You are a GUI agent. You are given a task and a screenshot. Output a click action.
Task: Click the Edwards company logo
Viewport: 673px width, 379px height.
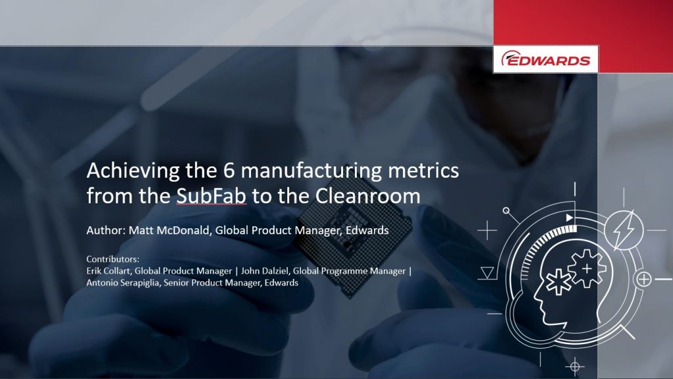[x=545, y=59]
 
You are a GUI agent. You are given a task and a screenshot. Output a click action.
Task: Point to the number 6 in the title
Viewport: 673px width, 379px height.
[x=229, y=170]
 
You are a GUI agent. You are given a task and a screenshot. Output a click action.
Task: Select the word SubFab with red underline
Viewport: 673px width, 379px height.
[x=211, y=196]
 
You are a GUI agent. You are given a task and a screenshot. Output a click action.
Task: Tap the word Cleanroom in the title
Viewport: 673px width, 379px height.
[x=368, y=196]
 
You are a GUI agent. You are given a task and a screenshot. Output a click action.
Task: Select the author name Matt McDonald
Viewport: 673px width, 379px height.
[x=169, y=230]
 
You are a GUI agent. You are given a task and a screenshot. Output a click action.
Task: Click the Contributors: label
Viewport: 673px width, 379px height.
[x=113, y=259]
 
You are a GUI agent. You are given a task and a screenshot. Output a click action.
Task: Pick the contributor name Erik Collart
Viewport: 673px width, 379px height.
[x=109, y=271]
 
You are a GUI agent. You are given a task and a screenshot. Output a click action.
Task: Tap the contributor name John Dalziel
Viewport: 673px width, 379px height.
[x=264, y=271]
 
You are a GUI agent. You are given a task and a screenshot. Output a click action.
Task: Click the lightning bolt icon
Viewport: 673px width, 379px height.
[x=624, y=230]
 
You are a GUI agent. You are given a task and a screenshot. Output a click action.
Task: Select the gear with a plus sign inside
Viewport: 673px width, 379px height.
[x=587, y=269]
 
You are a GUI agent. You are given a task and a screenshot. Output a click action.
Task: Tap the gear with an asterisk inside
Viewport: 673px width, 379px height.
[x=559, y=282]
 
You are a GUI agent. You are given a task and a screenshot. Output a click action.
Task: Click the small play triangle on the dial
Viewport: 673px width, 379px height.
[x=569, y=217]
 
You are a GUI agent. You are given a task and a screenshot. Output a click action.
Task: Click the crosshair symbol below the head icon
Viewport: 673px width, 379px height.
[x=574, y=366]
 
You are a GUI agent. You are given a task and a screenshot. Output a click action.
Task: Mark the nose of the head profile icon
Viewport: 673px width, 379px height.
[x=536, y=297]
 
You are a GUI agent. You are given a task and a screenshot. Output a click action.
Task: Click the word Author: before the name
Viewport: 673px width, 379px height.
[x=106, y=230]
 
